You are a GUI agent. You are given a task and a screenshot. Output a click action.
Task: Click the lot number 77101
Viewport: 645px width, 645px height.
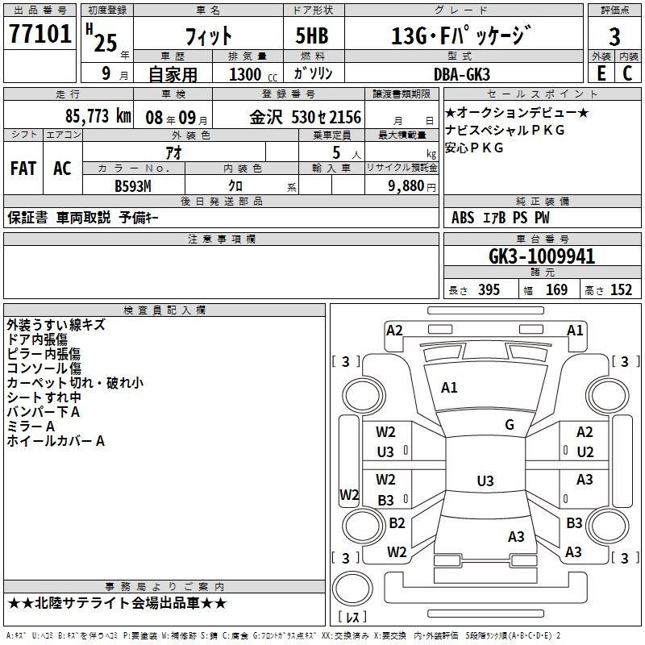[x=40, y=34]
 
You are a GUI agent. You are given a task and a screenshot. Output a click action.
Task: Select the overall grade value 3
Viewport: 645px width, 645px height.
[x=614, y=37]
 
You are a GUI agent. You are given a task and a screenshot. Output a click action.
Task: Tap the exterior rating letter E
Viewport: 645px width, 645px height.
[x=601, y=73]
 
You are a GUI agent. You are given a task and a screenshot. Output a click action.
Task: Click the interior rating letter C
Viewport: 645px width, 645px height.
[x=627, y=73]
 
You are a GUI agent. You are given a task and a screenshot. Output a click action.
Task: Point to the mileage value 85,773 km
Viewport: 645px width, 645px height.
[x=98, y=116]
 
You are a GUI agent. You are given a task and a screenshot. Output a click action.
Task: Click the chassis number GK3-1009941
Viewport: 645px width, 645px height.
[x=542, y=256]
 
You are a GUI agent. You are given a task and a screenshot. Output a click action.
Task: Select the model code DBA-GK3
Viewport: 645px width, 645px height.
[x=462, y=74]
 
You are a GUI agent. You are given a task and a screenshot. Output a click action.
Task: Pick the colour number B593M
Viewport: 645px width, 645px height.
[x=133, y=186]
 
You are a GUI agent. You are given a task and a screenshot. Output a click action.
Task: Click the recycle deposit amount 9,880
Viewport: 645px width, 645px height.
[x=406, y=186]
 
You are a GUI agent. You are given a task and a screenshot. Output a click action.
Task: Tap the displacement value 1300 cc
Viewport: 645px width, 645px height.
[x=253, y=74]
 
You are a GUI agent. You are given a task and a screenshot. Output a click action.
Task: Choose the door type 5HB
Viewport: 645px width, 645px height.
[x=312, y=35]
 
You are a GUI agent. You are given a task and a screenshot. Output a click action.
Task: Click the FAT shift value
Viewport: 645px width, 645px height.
[x=23, y=169]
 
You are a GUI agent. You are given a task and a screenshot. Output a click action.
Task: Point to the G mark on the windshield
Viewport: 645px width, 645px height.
[x=510, y=425]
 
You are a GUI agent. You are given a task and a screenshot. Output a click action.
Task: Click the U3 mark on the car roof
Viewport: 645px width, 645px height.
[x=485, y=481]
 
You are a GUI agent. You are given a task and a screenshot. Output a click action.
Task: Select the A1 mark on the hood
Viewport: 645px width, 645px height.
[x=449, y=388]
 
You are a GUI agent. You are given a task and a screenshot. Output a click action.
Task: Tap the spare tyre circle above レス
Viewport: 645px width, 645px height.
[x=352, y=589]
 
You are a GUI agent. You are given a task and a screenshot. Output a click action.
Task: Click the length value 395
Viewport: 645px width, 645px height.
[x=489, y=290]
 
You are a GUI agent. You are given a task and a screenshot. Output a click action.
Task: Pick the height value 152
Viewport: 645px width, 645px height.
[x=621, y=290]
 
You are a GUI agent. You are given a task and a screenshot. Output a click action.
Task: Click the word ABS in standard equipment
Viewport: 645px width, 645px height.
[x=463, y=218]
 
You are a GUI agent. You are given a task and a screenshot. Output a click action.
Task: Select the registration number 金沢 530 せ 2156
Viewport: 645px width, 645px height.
[x=306, y=118]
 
